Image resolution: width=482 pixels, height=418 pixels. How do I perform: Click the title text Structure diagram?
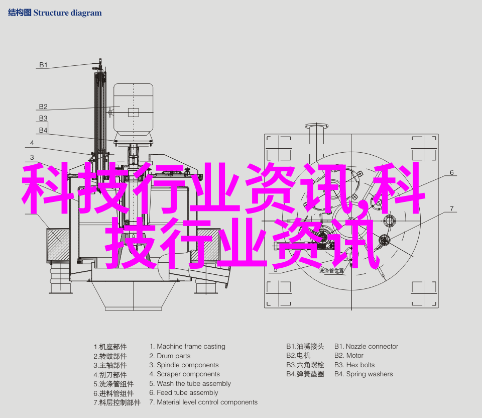click(67, 13)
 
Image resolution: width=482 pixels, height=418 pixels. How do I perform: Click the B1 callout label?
click(43, 65)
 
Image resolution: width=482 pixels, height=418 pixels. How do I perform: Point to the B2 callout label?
click(43, 107)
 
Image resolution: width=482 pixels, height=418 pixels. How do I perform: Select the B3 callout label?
click(43, 118)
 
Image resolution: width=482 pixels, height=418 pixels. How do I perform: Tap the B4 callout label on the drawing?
click(43, 130)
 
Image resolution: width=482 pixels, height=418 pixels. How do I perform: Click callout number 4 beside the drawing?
click(32, 143)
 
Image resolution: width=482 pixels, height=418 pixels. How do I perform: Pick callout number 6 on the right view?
click(451, 172)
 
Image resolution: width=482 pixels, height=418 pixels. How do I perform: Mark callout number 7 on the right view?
click(451, 208)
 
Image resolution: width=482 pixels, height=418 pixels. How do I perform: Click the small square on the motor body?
click(134, 112)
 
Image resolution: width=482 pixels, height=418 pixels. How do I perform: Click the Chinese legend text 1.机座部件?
click(110, 347)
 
